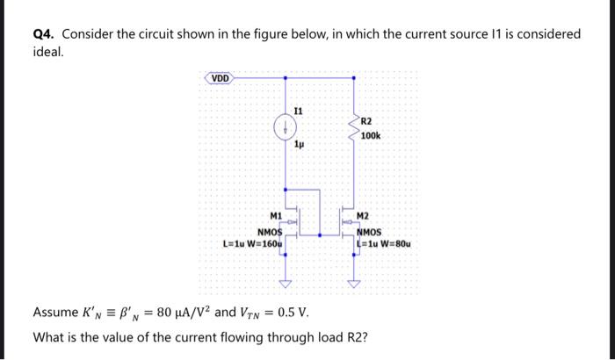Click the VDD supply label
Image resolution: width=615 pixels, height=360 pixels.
pos(221,78)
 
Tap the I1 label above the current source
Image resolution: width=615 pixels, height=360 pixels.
pos(299,112)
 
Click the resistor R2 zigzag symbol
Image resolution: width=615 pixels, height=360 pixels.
pos(354,127)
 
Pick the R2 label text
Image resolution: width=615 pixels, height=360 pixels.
pos(366,120)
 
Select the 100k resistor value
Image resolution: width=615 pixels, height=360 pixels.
pos(370,136)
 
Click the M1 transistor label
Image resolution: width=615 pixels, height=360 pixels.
pos(276,215)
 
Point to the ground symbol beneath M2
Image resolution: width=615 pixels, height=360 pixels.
pos(354,283)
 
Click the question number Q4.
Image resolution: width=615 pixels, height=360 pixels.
pos(44,34)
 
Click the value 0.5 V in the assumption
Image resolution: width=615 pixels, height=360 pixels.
pos(290,313)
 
